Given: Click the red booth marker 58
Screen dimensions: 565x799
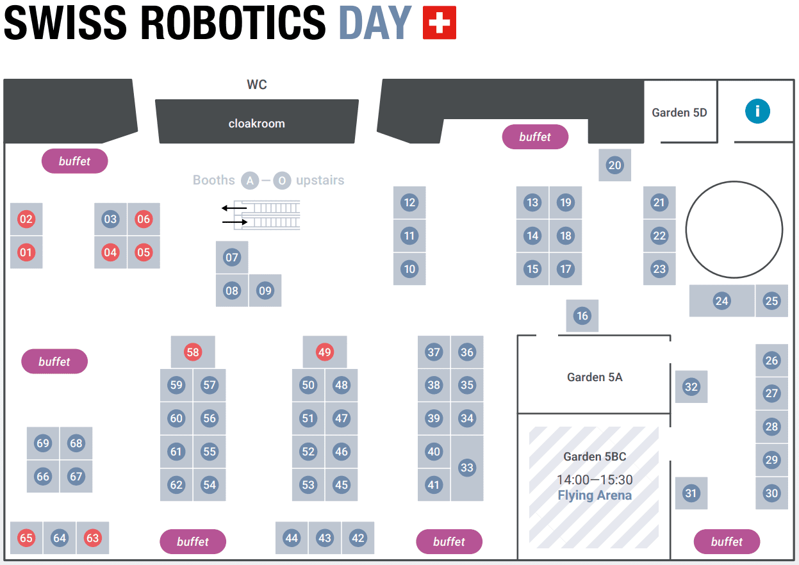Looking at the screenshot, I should [x=193, y=352].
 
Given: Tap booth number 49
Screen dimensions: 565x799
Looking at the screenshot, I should [x=325, y=352].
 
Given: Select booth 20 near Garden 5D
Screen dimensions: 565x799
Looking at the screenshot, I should [x=615, y=165].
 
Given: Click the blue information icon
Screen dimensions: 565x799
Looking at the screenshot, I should [x=757, y=111].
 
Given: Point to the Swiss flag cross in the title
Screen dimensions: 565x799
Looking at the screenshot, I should [x=440, y=23].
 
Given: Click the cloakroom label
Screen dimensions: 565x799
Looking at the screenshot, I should [x=257, y=124].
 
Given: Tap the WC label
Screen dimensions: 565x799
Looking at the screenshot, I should [x=257, y=85].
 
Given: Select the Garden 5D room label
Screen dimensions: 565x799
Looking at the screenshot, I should [x=679, y=113].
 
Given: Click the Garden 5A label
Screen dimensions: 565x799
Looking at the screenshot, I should [x=595, y=377].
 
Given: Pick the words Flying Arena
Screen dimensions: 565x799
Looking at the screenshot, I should [x=595, y=495].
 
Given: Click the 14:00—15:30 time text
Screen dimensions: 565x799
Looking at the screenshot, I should [x=595, y=480].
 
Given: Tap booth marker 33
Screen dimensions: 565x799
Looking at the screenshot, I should [x=467, y=468].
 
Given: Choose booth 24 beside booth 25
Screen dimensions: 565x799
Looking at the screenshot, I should [x=722, y=301].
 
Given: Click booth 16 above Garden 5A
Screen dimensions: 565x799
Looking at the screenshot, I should [x=582, y=316].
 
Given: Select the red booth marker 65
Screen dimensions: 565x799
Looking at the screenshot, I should [x=26, y=538].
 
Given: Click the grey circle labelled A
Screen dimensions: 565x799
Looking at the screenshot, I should [x=250, y=181].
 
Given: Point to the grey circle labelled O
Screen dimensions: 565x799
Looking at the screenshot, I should [x=282, y=181].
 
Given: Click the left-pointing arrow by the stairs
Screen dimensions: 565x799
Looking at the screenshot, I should [x=235, y=208].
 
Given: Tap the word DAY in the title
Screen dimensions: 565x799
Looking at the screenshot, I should [x=374, y=23].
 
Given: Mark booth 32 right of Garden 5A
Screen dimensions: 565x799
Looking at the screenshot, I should [x=691, y=387].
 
